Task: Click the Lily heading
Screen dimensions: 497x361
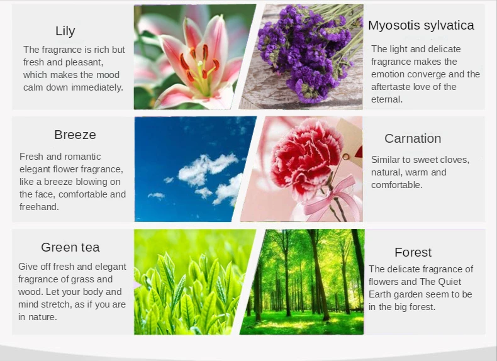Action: pos(65,31)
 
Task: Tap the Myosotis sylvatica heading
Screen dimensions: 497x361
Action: pos(421,25)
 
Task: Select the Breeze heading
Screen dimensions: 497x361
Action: pos(75,135)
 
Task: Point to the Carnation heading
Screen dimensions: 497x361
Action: pos(413,138)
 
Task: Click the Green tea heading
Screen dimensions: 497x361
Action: pos(70,247)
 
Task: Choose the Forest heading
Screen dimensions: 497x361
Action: pos(413,252)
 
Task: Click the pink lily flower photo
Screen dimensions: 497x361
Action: pos(195,57)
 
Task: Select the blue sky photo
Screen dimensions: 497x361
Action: pos(195,169)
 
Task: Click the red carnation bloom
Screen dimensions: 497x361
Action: pos(304,160)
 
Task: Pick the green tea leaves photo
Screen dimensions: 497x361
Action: pos(195,282)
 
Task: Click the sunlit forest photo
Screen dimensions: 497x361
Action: pos(302,282)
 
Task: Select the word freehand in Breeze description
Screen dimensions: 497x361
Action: pos(39,207)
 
